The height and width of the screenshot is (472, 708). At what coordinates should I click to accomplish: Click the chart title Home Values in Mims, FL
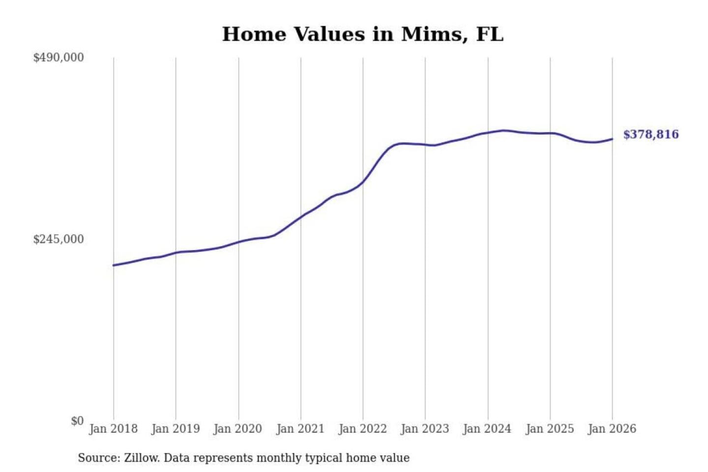pyautogui.click(x=362, y=34)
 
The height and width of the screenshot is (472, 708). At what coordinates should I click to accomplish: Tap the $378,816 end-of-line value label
pyautogui.click(x=650, y=135)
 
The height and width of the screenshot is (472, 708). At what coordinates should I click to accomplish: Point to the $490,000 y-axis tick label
pyautogui.click(x=59, y=58)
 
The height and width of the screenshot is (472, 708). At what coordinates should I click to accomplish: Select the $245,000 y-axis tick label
pyautogui.click(x=59, y=239)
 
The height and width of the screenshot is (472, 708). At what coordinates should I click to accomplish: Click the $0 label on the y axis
pyautogui.click(x=77, y=421)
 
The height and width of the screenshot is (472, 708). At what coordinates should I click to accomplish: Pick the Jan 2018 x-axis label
pyautogui.click(x=113, y=429)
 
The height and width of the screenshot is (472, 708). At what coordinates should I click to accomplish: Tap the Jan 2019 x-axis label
pyautogui.click(x=176, y=429)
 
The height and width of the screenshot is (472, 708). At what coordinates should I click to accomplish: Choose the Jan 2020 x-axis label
pyautogui.click(x=238, y=429)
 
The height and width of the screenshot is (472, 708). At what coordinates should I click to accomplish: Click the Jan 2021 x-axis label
pyautogui.click(x=300, y=429)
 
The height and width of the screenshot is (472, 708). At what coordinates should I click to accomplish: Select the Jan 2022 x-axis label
pyautogui.click(x=363, y=429)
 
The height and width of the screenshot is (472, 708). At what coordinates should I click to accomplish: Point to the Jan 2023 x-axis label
pyautogui.click(x=425, y=429)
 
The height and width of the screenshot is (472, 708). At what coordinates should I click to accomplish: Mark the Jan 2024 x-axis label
pyautogui.click(x=487, y=429)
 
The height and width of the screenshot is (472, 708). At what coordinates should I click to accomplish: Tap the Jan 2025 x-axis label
pyautogui.click(x=550, y=429)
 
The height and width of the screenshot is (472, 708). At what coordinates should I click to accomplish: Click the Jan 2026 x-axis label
pyautogui.click(x=612, y=429)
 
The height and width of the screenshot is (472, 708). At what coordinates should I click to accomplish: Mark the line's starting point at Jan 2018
pyautogui.click(x=114, y=265)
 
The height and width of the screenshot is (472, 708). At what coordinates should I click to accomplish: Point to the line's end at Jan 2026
pyautogui.click(x=612, y=139)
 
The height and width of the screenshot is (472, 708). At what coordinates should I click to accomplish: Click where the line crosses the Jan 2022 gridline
pyautogui.click(x=363, y=182)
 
